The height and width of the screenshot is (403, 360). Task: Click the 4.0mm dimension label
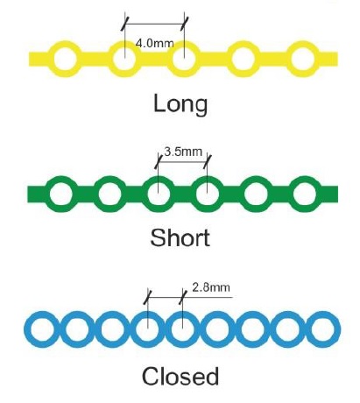pyautogui.click(x=154, y=44)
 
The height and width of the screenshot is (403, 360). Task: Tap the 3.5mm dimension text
pyautogui.click(x=183, y=152)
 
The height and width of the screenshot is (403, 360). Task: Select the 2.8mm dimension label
pyautogui.click(x=211, y=287)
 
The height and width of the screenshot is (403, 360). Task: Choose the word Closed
pyautogui.click(x=180, y=376)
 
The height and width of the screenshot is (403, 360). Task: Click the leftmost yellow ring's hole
pyautogui.click(x=66, y=59)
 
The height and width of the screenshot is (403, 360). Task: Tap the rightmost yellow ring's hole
pyautogui.click(x=303, y=59)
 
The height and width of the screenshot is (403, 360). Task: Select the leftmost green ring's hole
pyautogui.click(x=61, y=194)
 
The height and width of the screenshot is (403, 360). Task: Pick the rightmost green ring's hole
pyautogui.click(x=304, y=194)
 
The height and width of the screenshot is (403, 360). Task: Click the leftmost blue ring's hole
pyautogui.click(x=43, y=329)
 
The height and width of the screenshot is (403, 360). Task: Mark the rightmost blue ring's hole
pyautogui.click(x=322, y=329)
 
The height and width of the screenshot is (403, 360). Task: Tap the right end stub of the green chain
pyautogui.click(x=329, y=194)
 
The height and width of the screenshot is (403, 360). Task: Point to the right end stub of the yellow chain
pyautogui.click(x=328, y=59)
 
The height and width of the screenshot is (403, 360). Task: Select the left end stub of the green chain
pyautogui.click(x=36, y=194)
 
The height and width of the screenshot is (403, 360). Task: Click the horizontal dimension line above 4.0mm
pyautogui.click(x=155, y=24)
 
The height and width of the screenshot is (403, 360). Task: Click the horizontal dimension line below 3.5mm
pyautogui.click(x=182, y=161)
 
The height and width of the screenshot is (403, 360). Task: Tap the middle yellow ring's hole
pyautogui.click(x=184, y=59)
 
